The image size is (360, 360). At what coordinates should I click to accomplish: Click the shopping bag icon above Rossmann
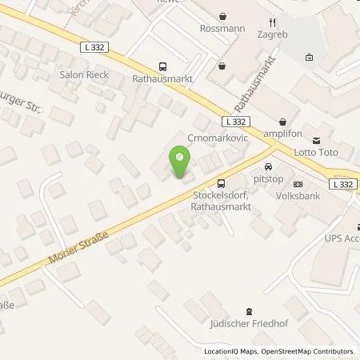222,15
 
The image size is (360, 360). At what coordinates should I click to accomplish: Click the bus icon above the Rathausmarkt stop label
163,67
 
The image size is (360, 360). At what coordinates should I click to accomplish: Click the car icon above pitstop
268,168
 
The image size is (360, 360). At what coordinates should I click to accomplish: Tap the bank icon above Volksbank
298,184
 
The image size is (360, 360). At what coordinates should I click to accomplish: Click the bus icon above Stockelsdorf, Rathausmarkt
198,183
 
